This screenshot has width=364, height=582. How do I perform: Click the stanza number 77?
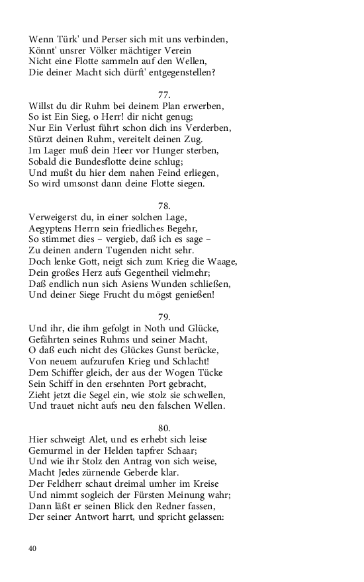pos(165,94)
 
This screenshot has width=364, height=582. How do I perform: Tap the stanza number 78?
pos(165,205)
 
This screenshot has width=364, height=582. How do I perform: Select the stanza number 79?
pos(165,316)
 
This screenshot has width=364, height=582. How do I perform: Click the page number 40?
pos(33,548)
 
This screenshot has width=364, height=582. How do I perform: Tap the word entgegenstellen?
pos(175,72)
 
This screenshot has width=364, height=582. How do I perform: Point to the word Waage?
pos(221,261)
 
